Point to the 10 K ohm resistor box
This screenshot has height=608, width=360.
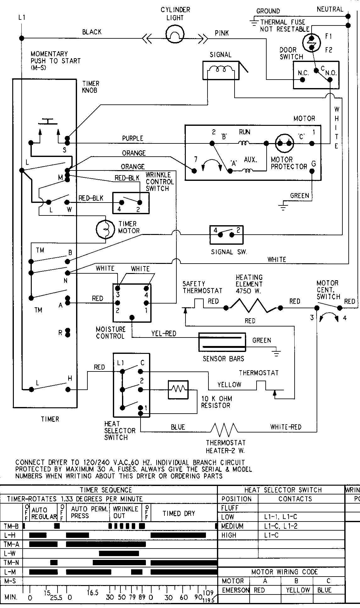pos(178,390)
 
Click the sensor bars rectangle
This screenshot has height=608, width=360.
pos(223,342)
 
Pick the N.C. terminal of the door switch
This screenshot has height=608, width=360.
pos(303,80)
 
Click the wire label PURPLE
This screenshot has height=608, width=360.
pos(133,138)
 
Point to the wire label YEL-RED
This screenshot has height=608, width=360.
pos(163,333)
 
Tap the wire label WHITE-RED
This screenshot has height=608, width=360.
pos(285,427)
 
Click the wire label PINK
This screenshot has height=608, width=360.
pos(222,33)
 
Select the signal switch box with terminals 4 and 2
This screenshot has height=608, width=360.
pos(226,234)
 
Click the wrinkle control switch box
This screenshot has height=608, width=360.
pos(131,203)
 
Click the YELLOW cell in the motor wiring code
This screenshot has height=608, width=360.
pos(298,590)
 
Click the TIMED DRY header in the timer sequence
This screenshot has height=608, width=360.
pos(179,514)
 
